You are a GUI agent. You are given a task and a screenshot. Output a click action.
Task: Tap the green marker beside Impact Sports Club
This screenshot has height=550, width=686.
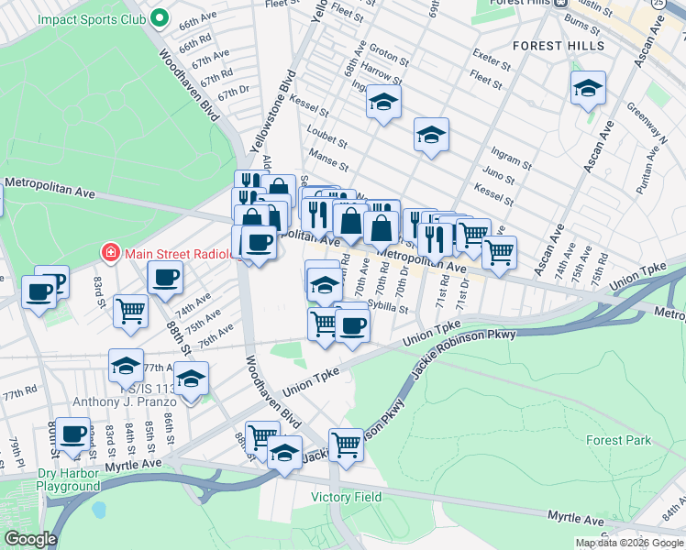coord(160,17)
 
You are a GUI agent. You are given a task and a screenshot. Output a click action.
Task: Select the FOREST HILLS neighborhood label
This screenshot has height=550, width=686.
coord(558,45)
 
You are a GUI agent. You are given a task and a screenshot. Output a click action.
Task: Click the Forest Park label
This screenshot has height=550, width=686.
coord(619,440)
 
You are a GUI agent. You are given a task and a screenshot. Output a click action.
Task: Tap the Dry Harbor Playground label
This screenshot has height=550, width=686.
coord(68,479)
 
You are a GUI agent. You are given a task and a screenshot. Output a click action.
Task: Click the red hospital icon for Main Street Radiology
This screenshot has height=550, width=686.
coord(110,251)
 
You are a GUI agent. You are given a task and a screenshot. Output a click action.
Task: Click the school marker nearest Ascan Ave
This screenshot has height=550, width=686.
coord(588,89)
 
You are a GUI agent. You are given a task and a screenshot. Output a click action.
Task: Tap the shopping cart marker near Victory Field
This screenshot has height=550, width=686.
coord(346,445)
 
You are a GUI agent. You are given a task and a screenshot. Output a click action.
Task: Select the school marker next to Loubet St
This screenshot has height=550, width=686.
coord(384,103)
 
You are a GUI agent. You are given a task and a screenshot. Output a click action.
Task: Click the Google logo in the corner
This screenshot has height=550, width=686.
coord(30,539)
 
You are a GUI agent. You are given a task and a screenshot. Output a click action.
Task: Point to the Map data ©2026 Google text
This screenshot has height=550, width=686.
coord(629,543)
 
